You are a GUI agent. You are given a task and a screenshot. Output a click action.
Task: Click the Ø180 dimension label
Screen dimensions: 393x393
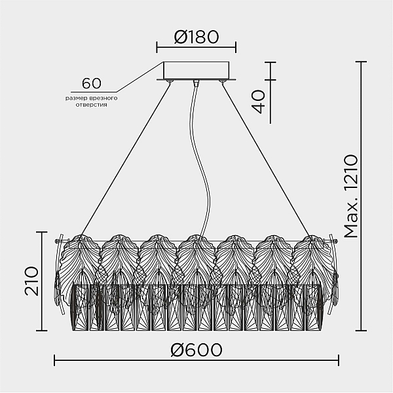(x=196, y=37)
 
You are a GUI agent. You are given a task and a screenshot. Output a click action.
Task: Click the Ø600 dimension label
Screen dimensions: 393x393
(x=196, y=350)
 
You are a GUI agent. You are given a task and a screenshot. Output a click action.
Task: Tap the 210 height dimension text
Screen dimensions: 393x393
(x=32, y=281)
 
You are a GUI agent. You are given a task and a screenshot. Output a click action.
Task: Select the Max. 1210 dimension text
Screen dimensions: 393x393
(x=350, y=196)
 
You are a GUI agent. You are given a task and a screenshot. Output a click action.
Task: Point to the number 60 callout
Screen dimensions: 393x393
(x=92, y=83)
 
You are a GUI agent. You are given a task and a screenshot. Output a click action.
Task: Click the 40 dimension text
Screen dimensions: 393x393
(x=258, y=102)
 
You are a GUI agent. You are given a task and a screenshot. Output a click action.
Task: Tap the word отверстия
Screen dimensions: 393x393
(x=92, y=105)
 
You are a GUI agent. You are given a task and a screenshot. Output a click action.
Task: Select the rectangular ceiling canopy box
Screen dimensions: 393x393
(x=196, y=71)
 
